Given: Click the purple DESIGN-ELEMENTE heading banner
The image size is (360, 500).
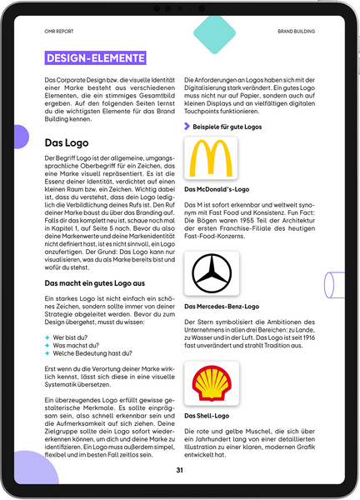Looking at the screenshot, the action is [x=95, y=58].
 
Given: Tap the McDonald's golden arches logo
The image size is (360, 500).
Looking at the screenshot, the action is [x=210, y=158].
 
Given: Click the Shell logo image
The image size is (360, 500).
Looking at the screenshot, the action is [x=210, y=382].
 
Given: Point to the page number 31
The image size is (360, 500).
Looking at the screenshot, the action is [x=179, y=470].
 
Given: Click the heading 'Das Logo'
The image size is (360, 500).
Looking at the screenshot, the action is [x=67, y=142].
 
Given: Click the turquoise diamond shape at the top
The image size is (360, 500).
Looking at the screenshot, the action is [x=212, y=31].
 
